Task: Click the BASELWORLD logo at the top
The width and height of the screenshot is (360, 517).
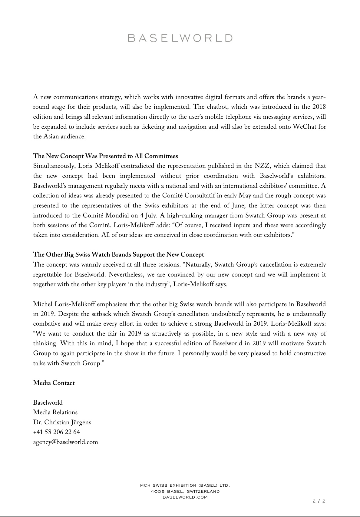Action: click(180, 38)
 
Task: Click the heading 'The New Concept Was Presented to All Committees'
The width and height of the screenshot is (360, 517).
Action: click(105, 156)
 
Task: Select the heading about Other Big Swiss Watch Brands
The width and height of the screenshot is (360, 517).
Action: click(118, 254)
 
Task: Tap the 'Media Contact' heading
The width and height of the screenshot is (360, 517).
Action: click(54, 383)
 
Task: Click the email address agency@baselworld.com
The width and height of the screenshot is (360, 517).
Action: click(65, 442)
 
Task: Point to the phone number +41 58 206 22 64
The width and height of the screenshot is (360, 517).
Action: click(56, 432)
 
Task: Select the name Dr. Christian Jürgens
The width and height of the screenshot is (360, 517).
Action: click(62, 422)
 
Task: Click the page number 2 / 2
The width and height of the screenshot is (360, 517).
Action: click(319, 501)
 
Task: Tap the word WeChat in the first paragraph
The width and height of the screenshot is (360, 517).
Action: click(305, 127)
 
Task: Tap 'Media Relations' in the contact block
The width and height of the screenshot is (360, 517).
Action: click(55, 412)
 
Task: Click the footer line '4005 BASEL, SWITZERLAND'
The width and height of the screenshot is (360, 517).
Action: click(185, 491)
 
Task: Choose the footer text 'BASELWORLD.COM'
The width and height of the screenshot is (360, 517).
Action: click(185, 497)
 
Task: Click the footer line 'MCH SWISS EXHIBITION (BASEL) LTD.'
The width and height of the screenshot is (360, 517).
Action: click(185, 486)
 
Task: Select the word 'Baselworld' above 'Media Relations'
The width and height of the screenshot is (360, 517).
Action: click(48, 403)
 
